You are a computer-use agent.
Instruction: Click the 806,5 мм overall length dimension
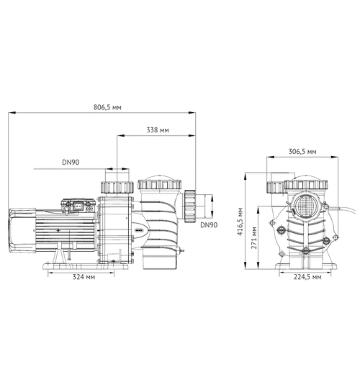pyautogui.click(x=107, y=106)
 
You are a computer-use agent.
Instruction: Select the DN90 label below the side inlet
pyautogui.click(x=208, y=225)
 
